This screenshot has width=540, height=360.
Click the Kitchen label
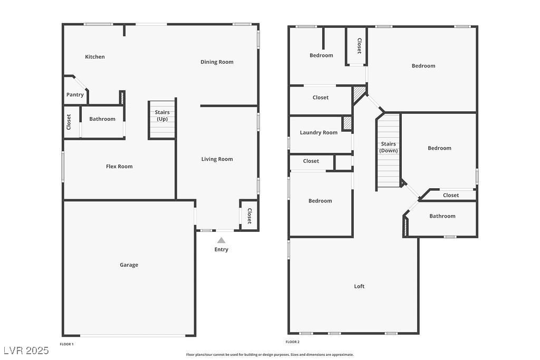click(95, 57)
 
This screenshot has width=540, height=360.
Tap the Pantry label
click(75, 95)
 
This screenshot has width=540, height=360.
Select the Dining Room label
click(217, 62)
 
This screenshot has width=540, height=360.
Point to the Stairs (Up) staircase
click(162, 120)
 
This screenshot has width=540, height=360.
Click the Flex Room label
click(119, 166)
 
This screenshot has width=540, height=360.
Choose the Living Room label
click(217, 159)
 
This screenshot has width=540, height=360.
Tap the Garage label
click(129, 265)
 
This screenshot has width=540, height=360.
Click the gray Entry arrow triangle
click(221, 240)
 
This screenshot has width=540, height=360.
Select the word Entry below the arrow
click(221, 249)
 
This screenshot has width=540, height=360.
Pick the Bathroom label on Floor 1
click(102, 119)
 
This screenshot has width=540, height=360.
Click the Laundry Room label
click(319, 132)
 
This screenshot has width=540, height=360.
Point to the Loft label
click(359, 286)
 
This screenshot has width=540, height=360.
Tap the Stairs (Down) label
click(389, 147)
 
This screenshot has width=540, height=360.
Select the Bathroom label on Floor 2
click(442, 216)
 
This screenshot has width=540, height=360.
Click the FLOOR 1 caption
click(66, 344)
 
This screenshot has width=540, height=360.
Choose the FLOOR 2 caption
click(292, 342)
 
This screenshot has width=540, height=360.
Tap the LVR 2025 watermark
click(26, 351)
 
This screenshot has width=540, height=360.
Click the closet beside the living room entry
click(249, 216)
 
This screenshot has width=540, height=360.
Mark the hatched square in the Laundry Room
click(347, 123)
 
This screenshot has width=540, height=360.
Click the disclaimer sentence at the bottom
click(270, 355)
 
